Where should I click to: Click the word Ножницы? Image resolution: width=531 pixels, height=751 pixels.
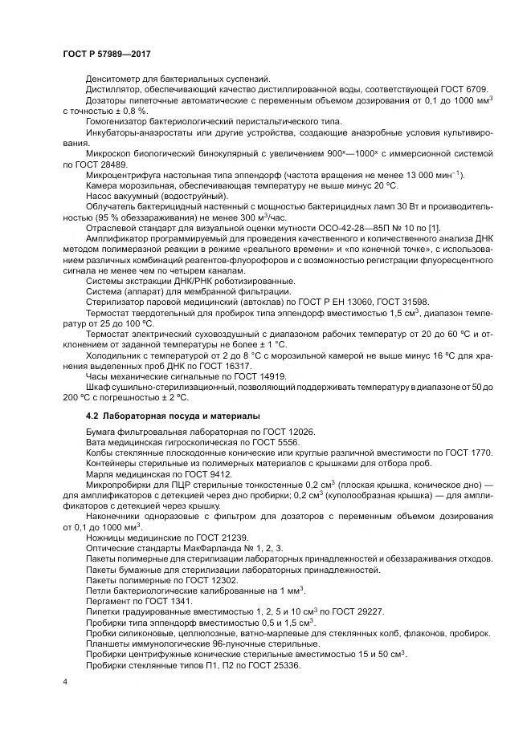pyautogui.click(x=107, y=537)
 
